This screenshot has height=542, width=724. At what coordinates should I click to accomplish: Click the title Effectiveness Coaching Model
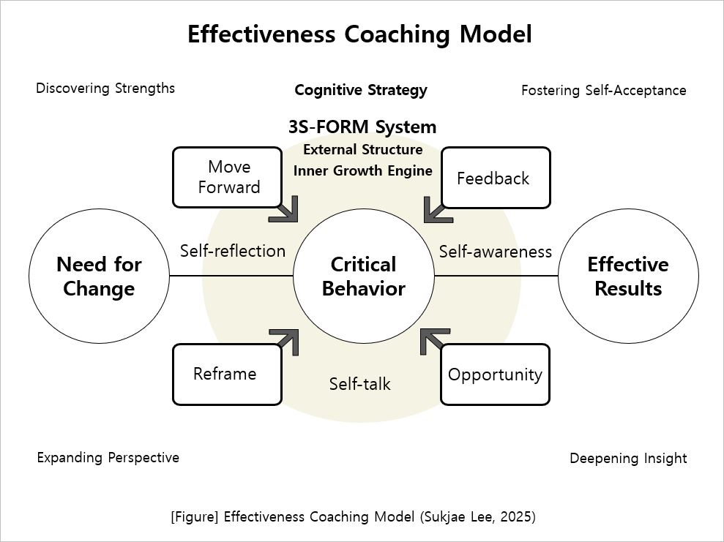359,34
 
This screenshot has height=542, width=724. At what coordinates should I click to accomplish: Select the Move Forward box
227,177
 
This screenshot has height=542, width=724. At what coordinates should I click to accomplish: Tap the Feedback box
495,178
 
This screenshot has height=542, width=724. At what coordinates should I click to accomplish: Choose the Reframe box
227,374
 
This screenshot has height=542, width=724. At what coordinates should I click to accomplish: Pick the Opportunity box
495,374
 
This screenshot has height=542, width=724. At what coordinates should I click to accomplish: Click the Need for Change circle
99,276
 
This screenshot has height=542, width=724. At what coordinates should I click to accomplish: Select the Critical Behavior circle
363,276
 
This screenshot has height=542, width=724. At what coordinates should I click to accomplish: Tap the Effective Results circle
627,276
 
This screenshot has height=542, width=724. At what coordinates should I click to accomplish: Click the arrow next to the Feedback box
437,209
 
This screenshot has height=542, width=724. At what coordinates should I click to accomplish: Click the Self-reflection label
233,251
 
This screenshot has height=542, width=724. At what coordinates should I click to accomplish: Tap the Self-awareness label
495,251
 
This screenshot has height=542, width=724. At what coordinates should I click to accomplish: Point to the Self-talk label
359,383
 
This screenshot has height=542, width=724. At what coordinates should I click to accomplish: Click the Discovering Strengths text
105,89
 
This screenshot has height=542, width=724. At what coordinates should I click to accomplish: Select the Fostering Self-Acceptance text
603,91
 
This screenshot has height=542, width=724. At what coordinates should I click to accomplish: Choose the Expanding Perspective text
108,458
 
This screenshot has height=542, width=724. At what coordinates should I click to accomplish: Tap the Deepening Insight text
628,459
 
